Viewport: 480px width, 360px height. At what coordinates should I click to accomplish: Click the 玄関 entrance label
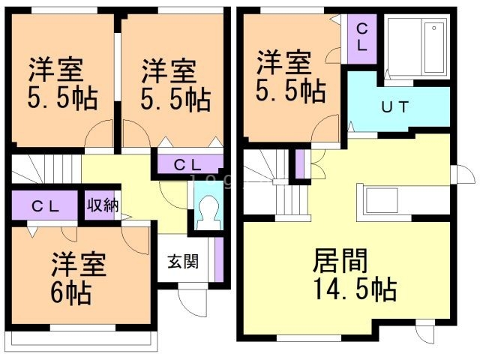[183, 262]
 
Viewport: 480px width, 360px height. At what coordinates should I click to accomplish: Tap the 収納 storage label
[103, 205]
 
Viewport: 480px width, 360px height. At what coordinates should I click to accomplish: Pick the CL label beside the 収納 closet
[45, 205]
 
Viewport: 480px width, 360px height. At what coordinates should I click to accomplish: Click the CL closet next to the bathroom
[361, 36]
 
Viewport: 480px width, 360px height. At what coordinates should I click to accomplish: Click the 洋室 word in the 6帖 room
[79, 265]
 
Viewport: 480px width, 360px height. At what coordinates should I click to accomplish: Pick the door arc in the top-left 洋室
[98, 139]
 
